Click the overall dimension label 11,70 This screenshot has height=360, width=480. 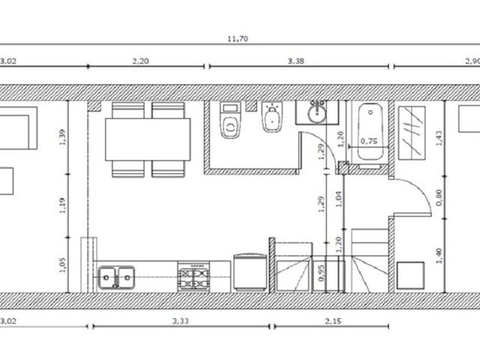[238, 39]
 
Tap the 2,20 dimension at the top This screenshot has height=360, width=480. [140, 61]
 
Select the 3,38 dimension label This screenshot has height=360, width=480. [296, 61]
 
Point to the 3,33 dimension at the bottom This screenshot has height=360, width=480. [181, 321]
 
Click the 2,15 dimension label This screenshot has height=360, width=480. [333, 321]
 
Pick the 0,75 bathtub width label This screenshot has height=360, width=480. [369, 141]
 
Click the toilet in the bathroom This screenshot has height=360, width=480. [230, 120]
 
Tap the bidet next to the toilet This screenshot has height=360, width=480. [271, 117]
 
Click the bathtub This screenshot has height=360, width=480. [370, 132]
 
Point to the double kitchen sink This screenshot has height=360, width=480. [116, 277]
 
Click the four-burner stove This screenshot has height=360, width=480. [193, 279]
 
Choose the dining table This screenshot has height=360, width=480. [148, 139]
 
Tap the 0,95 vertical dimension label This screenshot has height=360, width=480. [321, 273]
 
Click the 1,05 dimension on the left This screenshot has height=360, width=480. [62, 265]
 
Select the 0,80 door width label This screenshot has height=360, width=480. [439, 197]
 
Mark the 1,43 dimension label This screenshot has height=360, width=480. [439, 138]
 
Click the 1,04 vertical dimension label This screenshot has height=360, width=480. [338, 199]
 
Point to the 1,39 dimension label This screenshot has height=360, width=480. [62, 137]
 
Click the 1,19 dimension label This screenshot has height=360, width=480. [62, 205]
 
